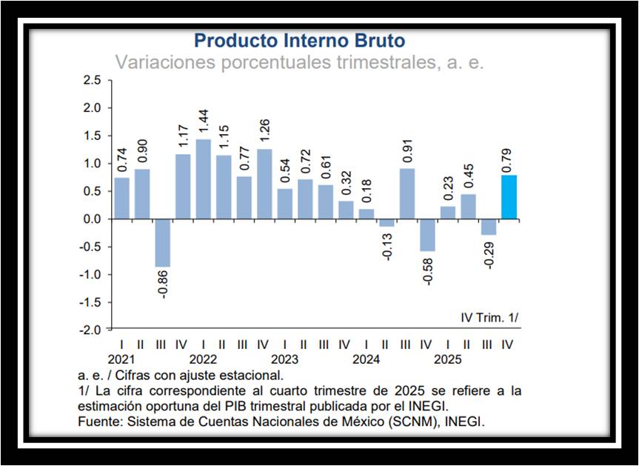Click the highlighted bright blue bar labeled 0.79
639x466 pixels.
point(509,197)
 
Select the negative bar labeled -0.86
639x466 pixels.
point(162,242)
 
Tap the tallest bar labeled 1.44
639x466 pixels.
point(202,179)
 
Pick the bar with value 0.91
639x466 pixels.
point(407,193)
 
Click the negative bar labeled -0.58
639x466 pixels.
point(426,235)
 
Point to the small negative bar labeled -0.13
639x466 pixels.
point(386,222)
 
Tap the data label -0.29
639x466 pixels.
point(489,253)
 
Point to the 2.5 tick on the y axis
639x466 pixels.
point(92,80)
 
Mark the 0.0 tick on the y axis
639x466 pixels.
point(92,219)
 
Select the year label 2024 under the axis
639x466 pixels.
point(367,359)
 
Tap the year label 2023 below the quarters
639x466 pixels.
point(284,359)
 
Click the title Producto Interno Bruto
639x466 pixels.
point(299,40)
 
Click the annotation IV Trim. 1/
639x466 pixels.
point(489,317)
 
